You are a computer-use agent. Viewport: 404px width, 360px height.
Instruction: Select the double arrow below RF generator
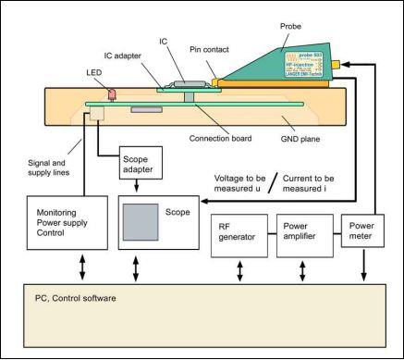point(241,271)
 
